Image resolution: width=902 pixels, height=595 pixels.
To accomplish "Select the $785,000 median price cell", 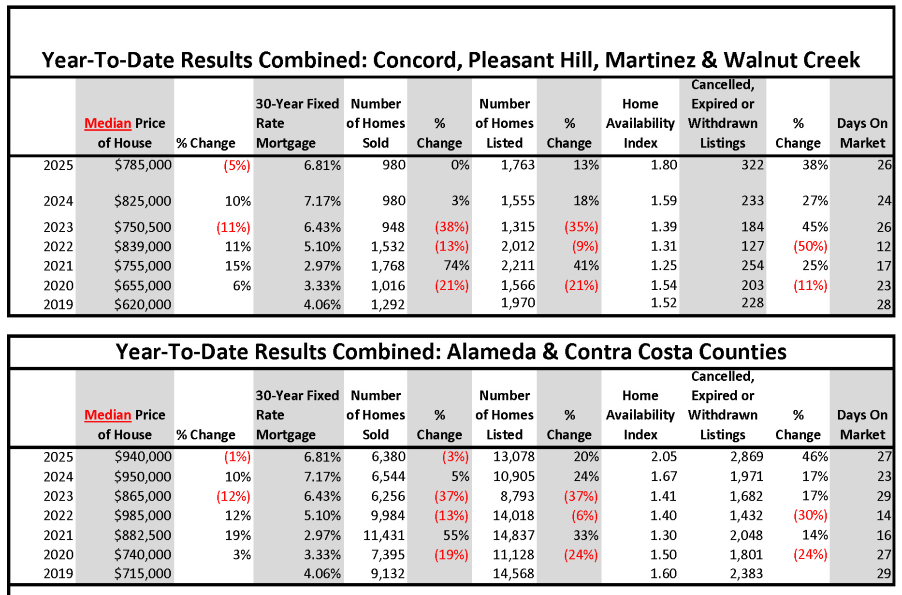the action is pyautogui.click(x=143, y=165).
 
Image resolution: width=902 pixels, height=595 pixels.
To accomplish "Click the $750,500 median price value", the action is pyautogui.click(x=143, y=227).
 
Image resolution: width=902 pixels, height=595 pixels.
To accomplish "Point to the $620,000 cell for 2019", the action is pyautogui.click(x=143, y=304).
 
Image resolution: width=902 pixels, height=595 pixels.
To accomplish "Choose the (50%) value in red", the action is pyautogui.click(x=810, y=246).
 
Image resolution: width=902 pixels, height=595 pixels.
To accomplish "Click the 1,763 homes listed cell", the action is pyautogui.click(x=518, y=165).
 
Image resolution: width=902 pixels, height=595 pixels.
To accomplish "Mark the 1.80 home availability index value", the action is pyautogui.click(x=664, y=165).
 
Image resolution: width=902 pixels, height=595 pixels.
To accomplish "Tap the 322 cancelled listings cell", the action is pyautogui.click(x=753, y=165).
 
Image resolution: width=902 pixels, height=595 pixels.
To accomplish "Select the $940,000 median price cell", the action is pyautogui.click(x=143, y=457).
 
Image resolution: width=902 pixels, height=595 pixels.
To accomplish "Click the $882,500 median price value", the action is pyautogui.click(x=143, y=535).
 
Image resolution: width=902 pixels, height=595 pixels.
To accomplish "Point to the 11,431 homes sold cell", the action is pyautogui.click(x=384, y=535).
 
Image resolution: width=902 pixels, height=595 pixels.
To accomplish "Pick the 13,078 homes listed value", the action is pyautogui.click(x=514, y=457).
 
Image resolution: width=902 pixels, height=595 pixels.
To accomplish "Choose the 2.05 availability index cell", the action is pyautogui.click(x=664, y=457).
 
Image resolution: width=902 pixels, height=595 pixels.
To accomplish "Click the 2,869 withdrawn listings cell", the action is pyautogui.click(x=746, y=457).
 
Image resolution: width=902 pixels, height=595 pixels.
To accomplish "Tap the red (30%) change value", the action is pyautogui.click(x=810, y=515).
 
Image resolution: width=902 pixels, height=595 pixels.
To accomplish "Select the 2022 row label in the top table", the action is pyautogui.click(x=58, y=246).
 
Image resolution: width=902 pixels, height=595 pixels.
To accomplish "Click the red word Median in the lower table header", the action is pyautogui.click(x=108, y=415).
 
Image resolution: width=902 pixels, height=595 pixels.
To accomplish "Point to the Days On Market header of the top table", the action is pyautogui.click(x=862, y=133).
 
